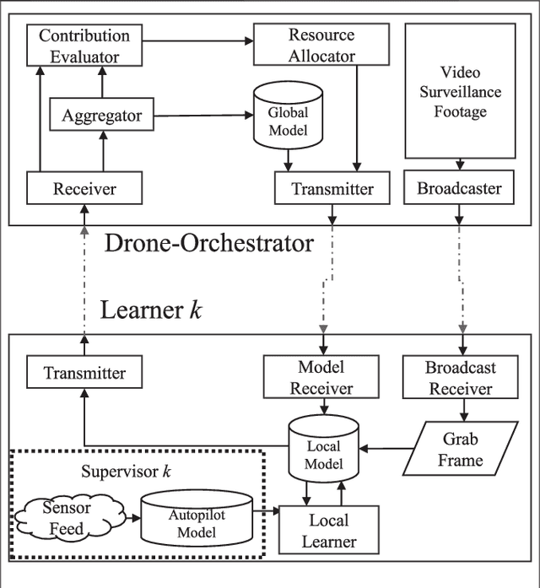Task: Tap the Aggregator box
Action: (x=101, y=116)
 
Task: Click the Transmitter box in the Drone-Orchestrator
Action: (x=332, y=188)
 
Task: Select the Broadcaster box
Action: (x=459, y=188)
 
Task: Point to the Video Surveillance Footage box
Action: (x=460, y=91)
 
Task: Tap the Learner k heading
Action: (x=151, y=309)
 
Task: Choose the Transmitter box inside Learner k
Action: (x=84, y=373)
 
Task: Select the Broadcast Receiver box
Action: (x=460, y=378)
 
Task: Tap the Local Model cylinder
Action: (x=324, y=448)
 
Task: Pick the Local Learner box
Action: (x=329, y=531)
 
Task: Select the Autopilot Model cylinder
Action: (x=196, y=519)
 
